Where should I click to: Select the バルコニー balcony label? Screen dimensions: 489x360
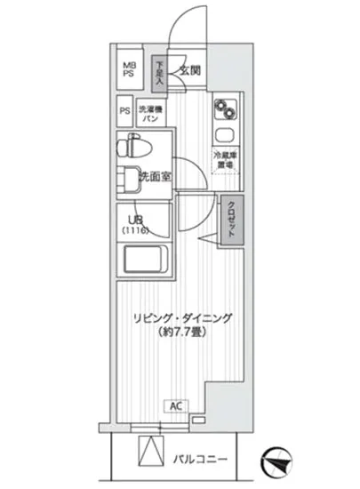point(204,460)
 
